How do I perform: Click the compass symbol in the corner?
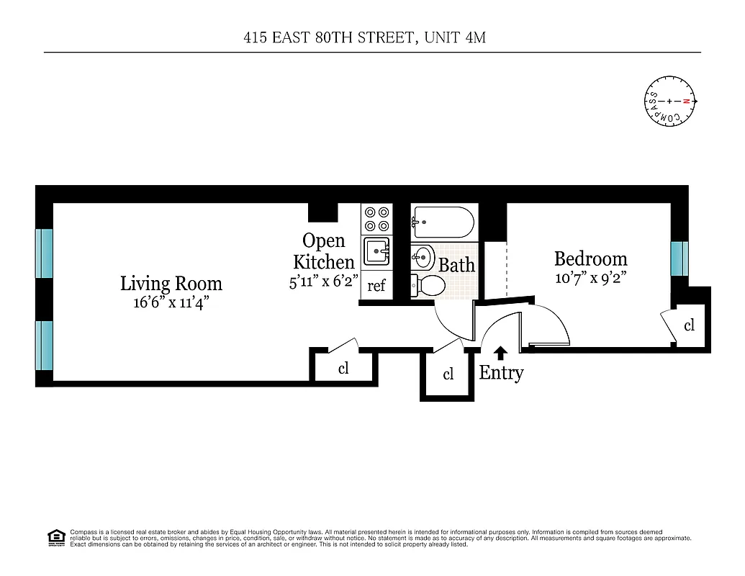coord(669,102)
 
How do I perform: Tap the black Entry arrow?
coord(501,353)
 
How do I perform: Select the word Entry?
coord(501,373)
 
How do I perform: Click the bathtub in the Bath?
coord(443,222)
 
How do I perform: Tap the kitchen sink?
coord(376,252)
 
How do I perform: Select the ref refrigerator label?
coord(376,286)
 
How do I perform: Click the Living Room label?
coord(171,284)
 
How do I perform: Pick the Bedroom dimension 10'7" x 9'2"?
coord(590,278)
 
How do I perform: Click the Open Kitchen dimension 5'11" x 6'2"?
coord(324,282)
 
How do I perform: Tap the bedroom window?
coord(679,258)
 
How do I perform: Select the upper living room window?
coord(45,253)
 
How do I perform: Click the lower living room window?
coord(45,345)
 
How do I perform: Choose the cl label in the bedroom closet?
coord(689,325)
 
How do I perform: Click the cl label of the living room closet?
coord(343,369)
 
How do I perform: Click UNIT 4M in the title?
coord(455,37)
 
